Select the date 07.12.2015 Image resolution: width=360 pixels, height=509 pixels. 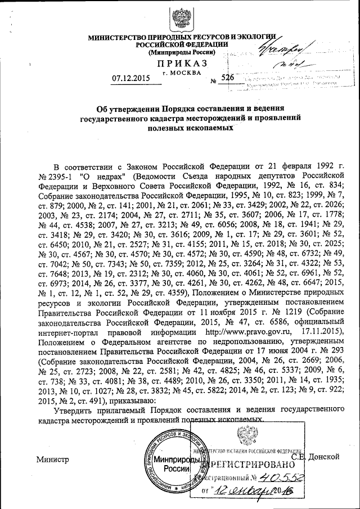134,78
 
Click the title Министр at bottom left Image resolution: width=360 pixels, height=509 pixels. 52,459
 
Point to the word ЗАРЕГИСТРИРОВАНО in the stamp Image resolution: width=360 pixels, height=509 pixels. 251,466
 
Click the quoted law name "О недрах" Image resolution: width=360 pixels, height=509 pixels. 90,174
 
